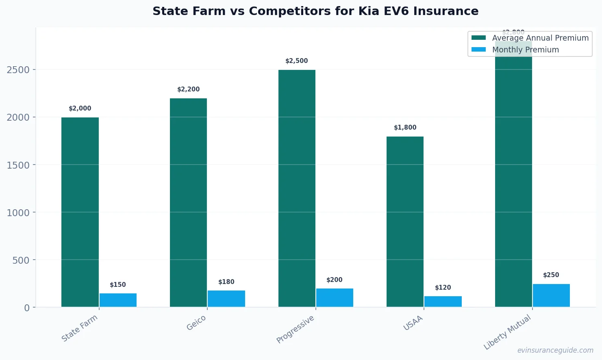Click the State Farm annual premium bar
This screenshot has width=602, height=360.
(80, 212)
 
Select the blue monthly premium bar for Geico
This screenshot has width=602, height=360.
(226, 299)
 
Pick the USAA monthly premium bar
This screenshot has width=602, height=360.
(443, 301)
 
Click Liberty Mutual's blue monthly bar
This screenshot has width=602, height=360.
(551, 295)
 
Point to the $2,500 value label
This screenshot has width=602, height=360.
(297, 61)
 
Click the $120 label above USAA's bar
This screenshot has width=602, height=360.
(443, 288)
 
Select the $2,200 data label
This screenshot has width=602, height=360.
(189, 89)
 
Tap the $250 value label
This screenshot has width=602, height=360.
(551, 275)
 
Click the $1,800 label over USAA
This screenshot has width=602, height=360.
(405, 128)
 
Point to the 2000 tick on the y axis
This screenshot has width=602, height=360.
(18, 117)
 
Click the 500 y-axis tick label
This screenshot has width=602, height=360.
(21, 260)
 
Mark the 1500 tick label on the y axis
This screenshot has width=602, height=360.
(18, 165)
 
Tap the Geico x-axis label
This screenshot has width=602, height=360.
(196, 323)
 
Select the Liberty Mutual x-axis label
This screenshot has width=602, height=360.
(507, 332)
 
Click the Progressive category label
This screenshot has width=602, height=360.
(296, 329)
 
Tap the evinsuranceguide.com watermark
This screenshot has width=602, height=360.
(555, 350)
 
